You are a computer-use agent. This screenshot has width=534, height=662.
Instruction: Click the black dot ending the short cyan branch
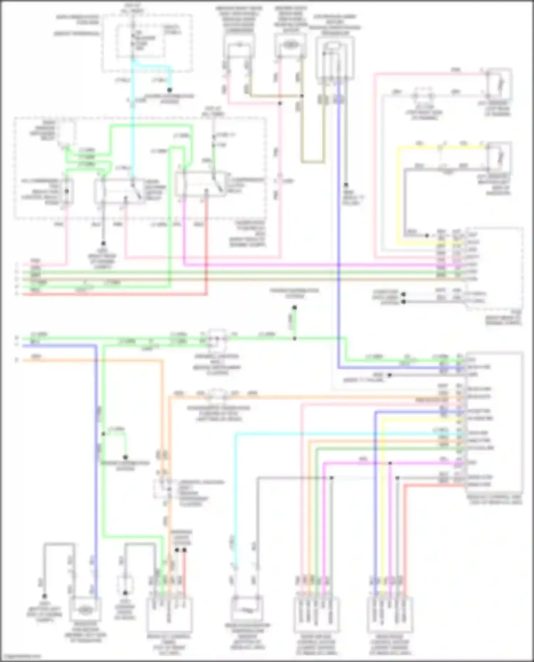pos(170,90)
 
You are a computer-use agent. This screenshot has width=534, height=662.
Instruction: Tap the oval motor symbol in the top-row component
pos(291,45)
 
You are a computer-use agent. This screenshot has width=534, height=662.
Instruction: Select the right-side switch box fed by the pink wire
pos(499,83)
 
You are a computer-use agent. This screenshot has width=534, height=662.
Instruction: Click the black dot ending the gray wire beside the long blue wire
pos(346,185)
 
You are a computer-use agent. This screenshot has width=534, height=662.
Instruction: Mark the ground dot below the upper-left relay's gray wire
pos(103,244)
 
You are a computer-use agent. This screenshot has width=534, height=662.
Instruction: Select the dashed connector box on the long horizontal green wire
pos(218,339)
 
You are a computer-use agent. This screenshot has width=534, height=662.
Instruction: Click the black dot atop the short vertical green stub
pos(294,308)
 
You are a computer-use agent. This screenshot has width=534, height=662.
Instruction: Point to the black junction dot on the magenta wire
pos(390,463)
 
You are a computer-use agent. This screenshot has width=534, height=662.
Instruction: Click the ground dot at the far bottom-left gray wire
pos(44,596)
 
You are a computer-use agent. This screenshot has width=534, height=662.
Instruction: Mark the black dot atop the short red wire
pos(184,550)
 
